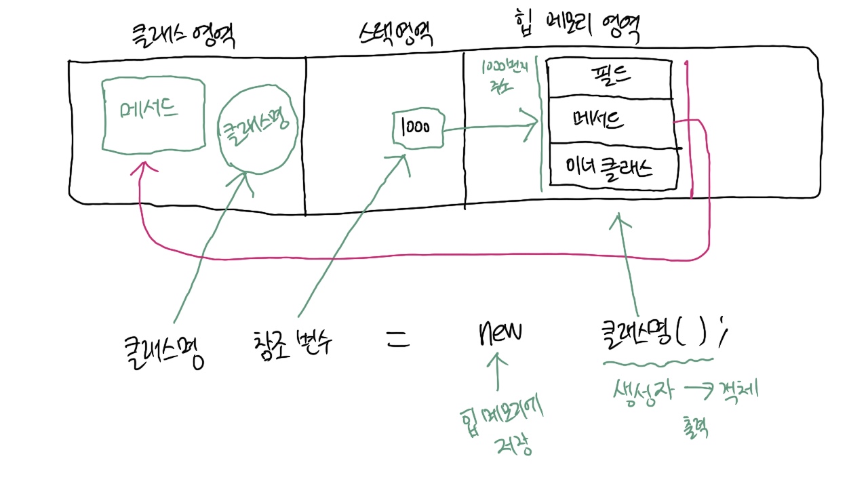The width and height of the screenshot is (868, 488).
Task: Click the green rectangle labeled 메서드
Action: tap(153, 113)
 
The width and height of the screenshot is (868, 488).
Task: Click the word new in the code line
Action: tap(500, 333)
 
